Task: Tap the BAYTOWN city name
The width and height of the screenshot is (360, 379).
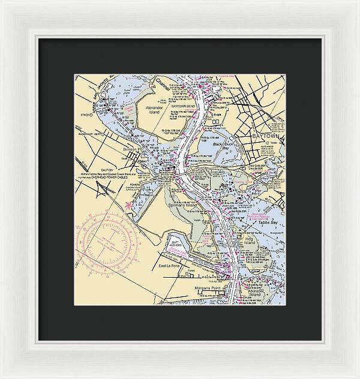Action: click(x=268, y=136)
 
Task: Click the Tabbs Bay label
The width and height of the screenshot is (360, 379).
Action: click(x=267, y=221)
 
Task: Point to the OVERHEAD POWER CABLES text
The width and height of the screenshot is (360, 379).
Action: click(x=125, y=178)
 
